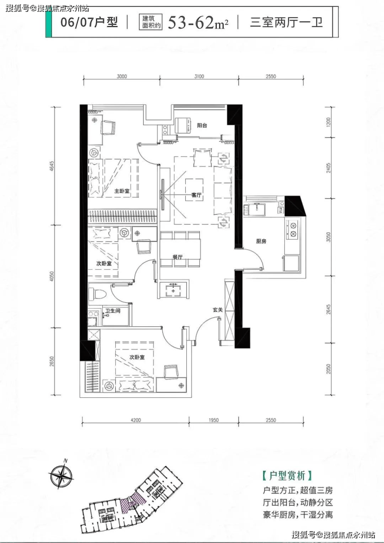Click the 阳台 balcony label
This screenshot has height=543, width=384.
(202, 126)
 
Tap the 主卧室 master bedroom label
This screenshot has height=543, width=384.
(121, 191)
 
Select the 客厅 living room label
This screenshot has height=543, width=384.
(196, 195)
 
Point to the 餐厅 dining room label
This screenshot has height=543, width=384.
(177, 257)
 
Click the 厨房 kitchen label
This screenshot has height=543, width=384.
(261, 241)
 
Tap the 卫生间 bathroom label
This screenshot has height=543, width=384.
(113, 311)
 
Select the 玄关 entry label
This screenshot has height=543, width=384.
(217, 310)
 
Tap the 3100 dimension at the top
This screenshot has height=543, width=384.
(199, 76)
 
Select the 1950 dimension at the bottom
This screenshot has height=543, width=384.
(213, 420)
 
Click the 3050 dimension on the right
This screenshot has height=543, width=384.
(328, 237)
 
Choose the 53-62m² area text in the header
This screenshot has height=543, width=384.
(198, 23)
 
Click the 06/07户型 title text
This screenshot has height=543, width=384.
(89, 22)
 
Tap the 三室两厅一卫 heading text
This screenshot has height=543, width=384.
(286, 22)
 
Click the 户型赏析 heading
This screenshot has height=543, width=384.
(287, 476)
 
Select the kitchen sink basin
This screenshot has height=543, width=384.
(257, 209)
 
